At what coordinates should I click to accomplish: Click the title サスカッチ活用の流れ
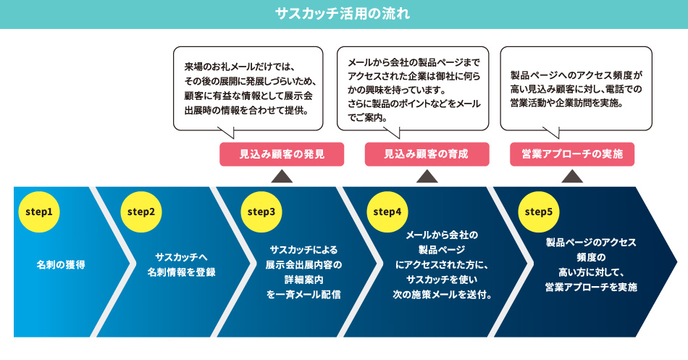click(x=343, y=14)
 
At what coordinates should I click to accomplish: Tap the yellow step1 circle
click(x=39, y=212)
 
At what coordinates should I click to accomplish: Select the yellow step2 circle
click(x=141, y=212)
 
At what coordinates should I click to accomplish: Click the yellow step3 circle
click(x=261, y=212)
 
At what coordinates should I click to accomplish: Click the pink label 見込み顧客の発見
click(x=282, y=154)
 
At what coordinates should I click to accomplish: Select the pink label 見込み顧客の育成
click(x=427, y=154)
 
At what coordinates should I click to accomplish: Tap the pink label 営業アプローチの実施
click(x=572, y=154)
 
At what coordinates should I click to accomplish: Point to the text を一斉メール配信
click(x=303, y=295)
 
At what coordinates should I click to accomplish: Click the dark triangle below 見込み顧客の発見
click(x=282, y=177)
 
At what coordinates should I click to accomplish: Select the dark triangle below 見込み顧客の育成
click(x=427, y=177)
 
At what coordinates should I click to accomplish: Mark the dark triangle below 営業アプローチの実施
click(x=573, y=177)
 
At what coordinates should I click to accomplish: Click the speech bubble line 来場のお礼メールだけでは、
click(x=242, y=66)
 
